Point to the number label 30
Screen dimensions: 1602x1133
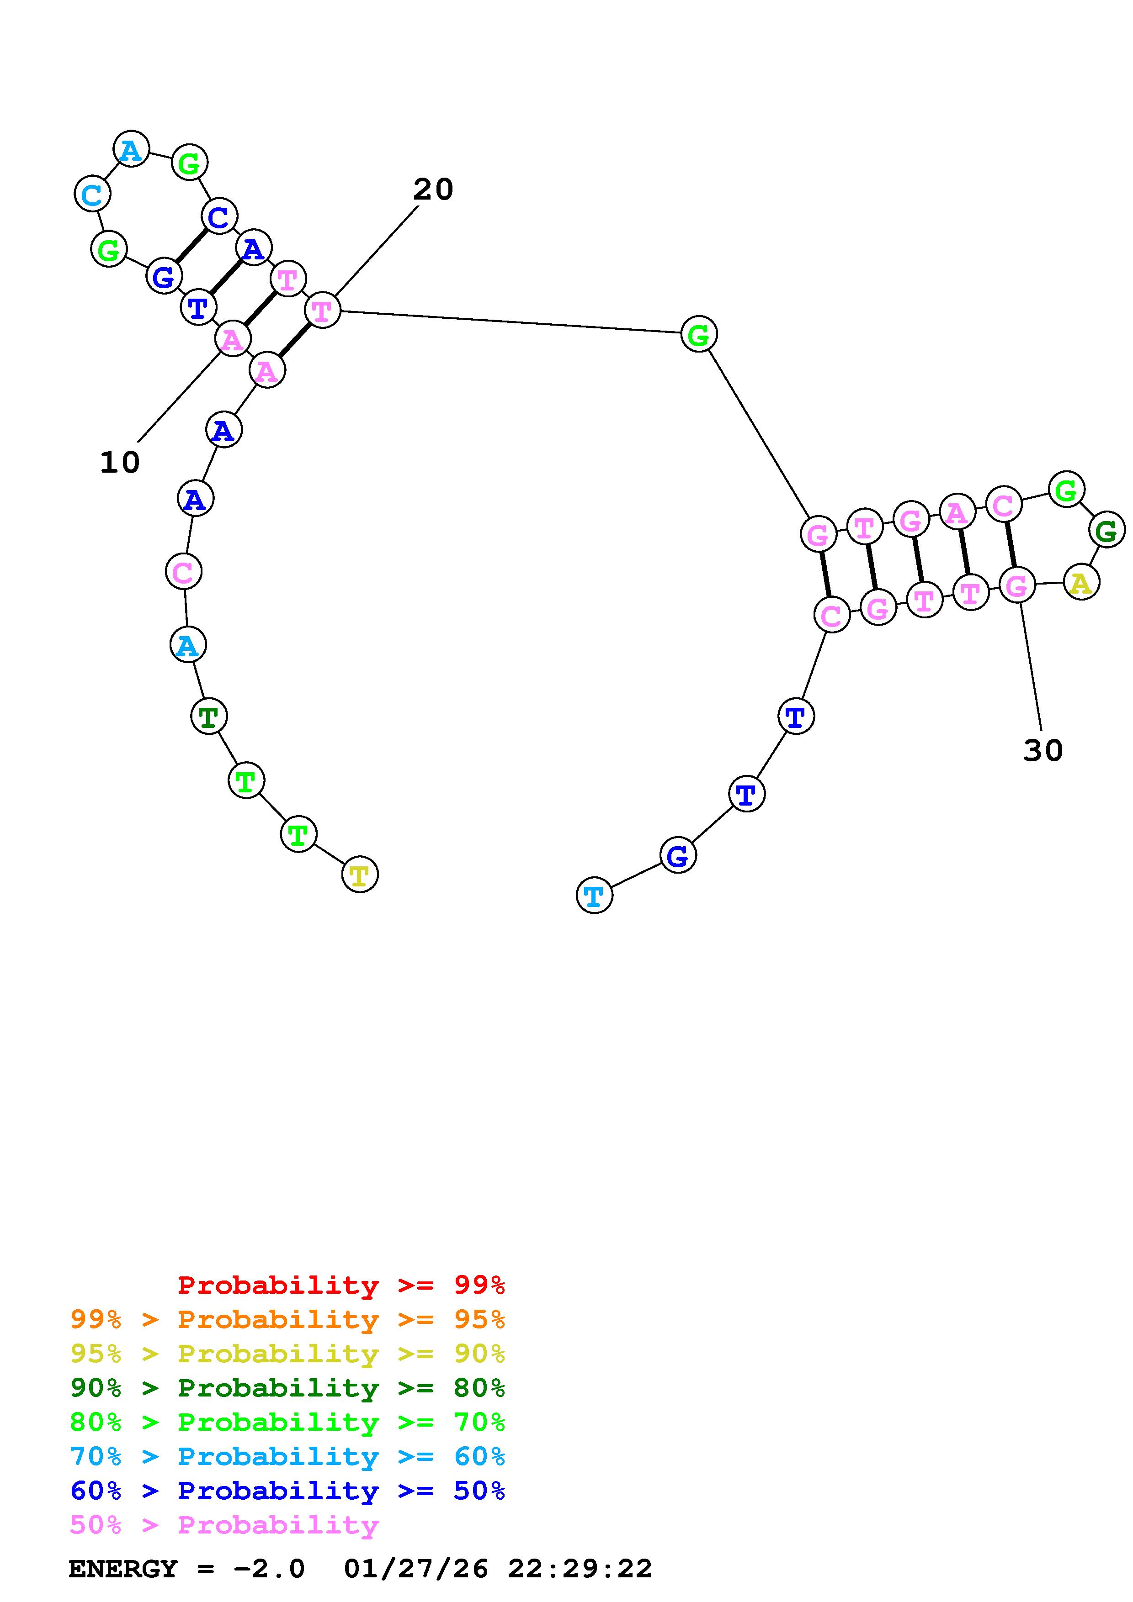point(1043,751)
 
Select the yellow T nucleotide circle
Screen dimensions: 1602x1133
point(360,874)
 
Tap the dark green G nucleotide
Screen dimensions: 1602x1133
point(1106,531)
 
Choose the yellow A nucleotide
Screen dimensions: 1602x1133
point(1081,583)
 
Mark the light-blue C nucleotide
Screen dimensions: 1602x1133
point(92,194)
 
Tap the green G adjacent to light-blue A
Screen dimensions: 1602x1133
point(190,163)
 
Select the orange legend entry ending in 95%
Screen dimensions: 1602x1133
point(287,1319)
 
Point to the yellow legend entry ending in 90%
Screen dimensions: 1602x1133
point(287,1354)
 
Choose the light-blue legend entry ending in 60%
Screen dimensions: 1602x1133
point(287,1456)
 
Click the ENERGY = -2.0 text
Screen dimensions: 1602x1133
point(186,1569)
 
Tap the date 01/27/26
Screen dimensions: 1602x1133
point(416,1569)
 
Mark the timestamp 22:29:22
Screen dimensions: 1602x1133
point(580,1569)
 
